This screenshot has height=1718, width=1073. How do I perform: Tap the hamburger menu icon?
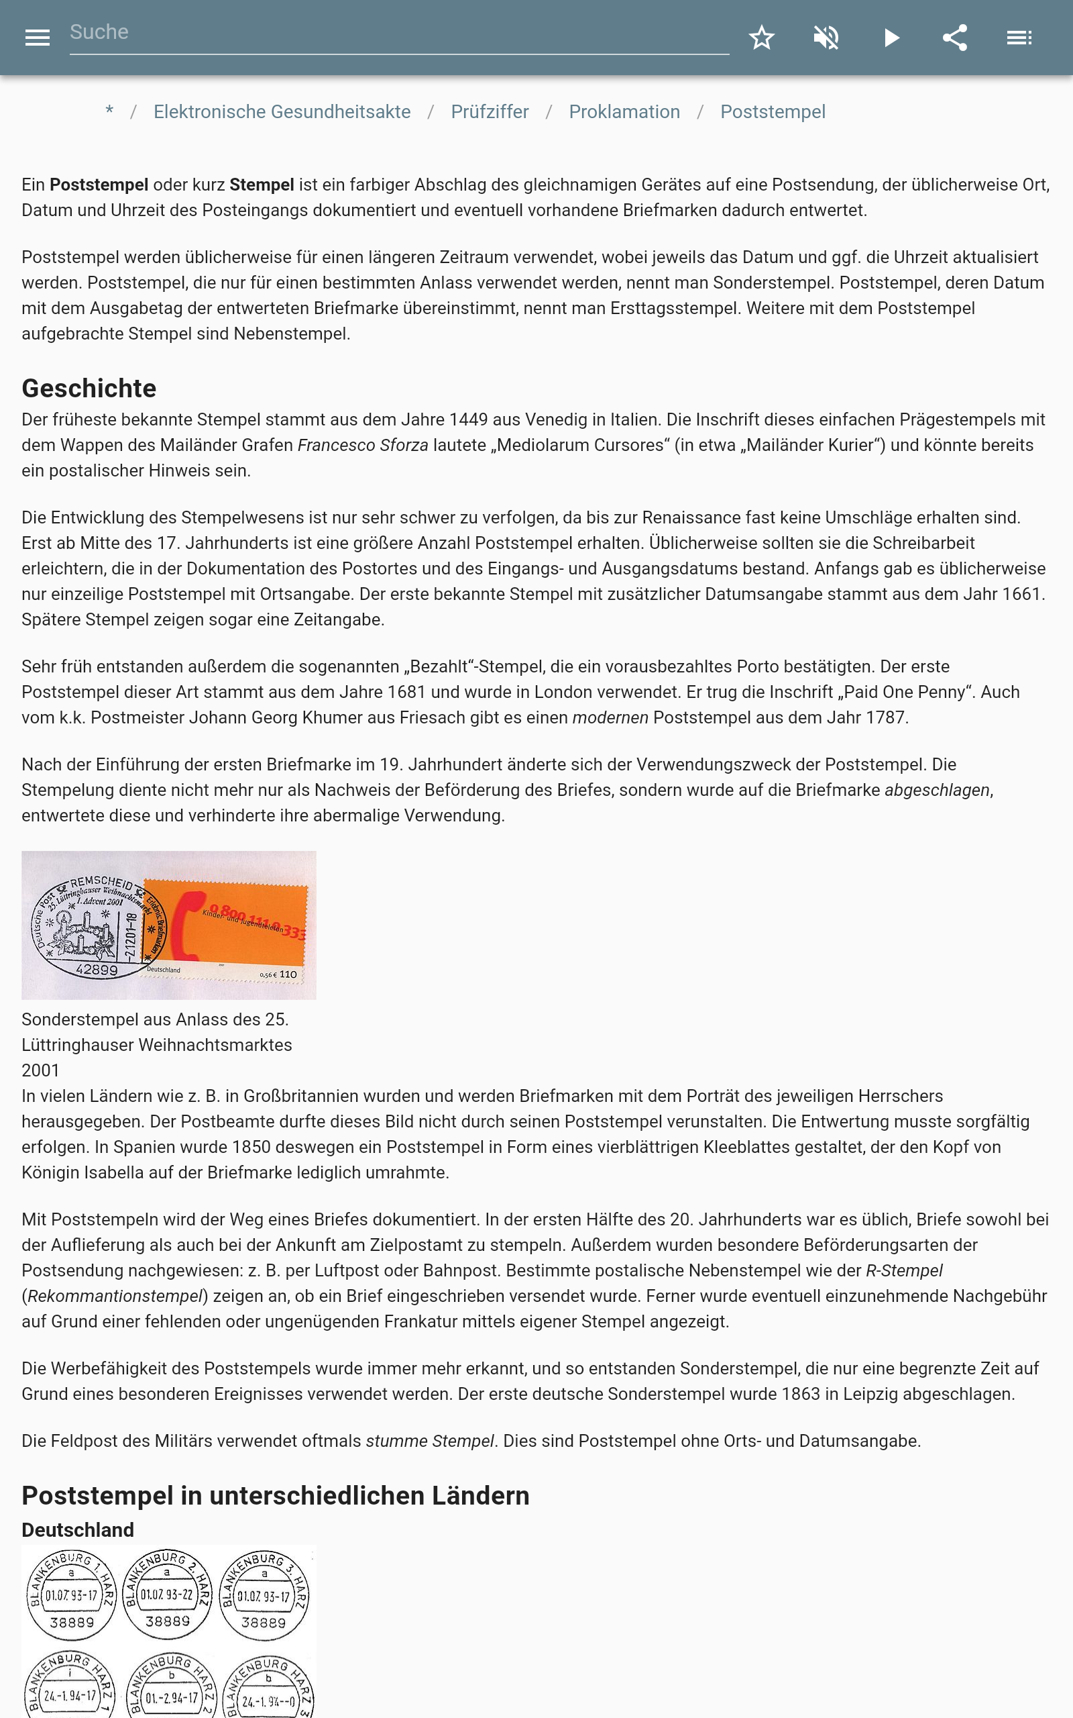[x=37, y=38]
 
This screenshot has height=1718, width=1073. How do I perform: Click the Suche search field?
[x=398, y=33]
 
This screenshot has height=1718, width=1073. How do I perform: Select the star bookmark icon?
[x=761, y=38]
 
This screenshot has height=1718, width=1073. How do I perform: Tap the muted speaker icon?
[x=826, y=38]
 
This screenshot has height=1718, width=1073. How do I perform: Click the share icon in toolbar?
[x=954, y=38]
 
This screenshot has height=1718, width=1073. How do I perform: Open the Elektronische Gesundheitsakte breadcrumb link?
[x=282, y=112]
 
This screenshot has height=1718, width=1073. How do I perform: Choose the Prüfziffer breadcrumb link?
[x=490, y=112]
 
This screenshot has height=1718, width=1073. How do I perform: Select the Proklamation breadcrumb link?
[x=624, y=112]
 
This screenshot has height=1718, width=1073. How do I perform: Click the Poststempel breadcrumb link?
[x=772, y=112]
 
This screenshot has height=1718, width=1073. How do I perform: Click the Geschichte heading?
[x=89, y=389]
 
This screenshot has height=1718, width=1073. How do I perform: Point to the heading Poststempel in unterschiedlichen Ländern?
[x=276, y=1495]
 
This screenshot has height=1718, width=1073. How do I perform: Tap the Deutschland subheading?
[x=77, y=1529]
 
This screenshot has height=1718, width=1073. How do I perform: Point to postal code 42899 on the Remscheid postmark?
[x=97, y=970]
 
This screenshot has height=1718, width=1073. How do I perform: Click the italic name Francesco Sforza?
[x=363, y=445]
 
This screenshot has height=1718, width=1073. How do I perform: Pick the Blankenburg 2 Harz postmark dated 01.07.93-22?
[x=167, y=1594]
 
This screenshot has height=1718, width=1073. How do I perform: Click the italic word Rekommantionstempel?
[x=115, y=1296]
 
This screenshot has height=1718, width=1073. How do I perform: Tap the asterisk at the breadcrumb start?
[x=109, y=110]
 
